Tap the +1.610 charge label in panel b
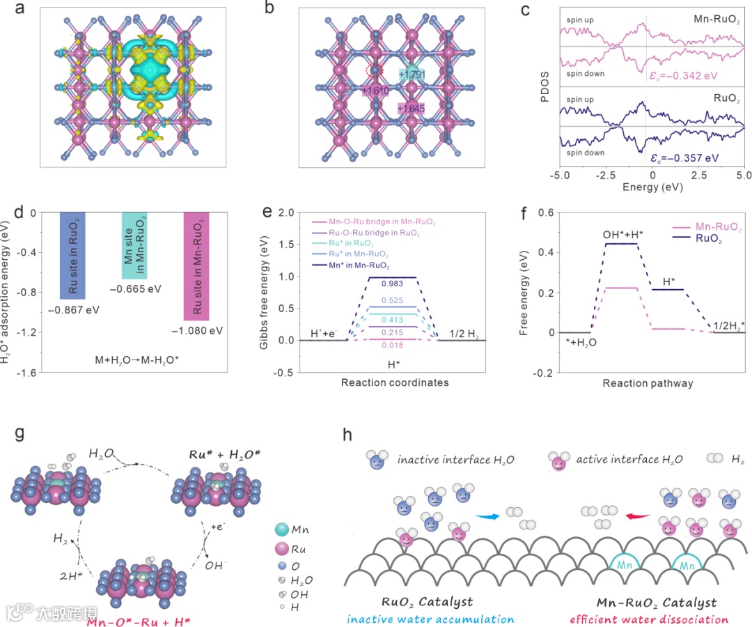376,91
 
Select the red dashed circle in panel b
375,70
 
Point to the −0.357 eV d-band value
691,157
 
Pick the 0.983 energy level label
392,283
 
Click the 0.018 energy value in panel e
392,344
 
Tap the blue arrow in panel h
487,516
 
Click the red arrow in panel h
637,516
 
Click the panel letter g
20,433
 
